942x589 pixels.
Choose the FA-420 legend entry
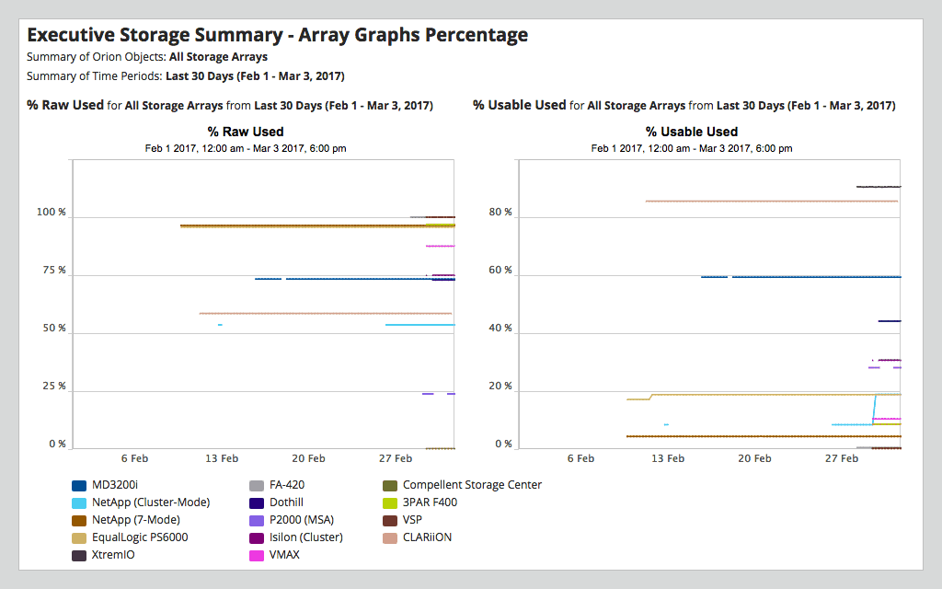point(287,485)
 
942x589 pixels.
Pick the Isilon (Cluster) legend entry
point(306,537)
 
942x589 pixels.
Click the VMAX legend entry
point(284,555)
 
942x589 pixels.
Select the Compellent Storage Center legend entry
point(472,485)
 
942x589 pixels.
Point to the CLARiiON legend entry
point(427,537)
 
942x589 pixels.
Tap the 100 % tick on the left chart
point(51,213)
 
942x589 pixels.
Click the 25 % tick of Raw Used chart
point(54,387)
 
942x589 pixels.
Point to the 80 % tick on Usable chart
point(500,213)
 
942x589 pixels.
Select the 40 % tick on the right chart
point(500,329)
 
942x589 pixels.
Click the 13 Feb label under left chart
point(221,458)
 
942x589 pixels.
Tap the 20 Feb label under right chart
point(754,458)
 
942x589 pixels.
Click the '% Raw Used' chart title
point(246,132)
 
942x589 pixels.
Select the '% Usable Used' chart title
point(692,132)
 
